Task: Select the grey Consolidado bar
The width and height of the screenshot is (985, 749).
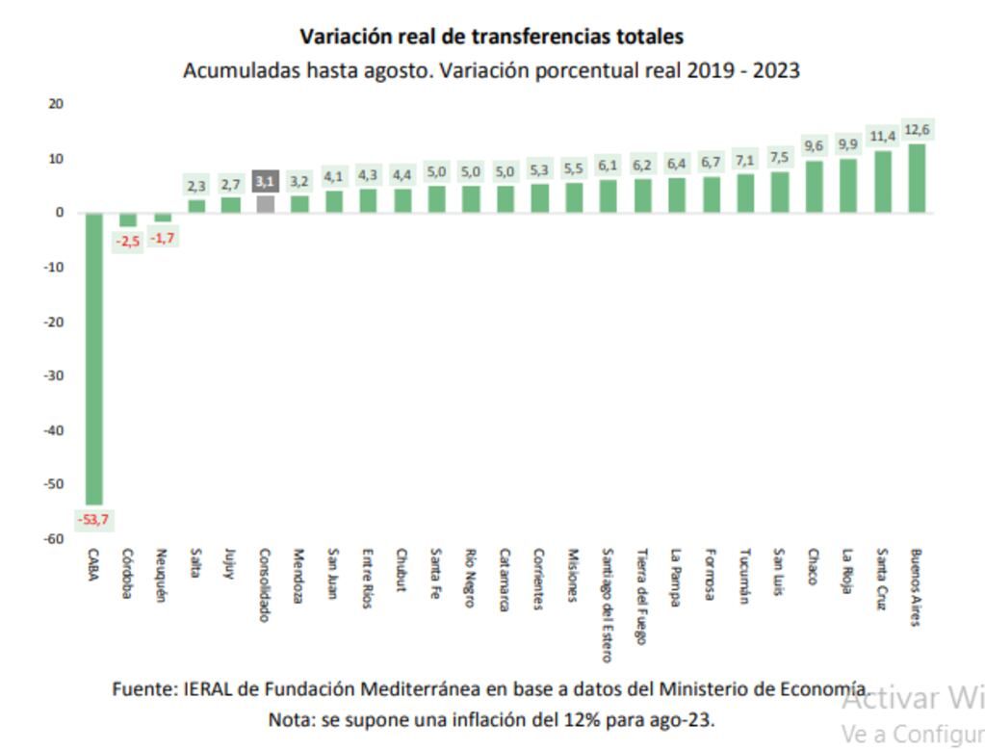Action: (x=265, y=204)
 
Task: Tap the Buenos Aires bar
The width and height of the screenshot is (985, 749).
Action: (x=917, y=178)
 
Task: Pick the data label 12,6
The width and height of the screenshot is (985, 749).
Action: (x=917, y=130)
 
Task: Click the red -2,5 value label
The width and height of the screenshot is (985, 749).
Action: (x=128, y=241)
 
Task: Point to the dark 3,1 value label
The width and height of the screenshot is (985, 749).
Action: (x=265, y=181)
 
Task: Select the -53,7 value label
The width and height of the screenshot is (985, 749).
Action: (x=93, y=520)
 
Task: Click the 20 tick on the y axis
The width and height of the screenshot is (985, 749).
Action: (x=56, y=104)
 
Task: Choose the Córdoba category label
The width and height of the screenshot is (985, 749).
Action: (x=127, y=574)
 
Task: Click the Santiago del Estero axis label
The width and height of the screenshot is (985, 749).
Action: (x=607, y=606)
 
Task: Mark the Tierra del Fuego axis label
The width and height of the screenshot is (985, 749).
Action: (x=641, y=589)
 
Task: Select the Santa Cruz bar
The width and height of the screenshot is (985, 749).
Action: (x=882, y=181)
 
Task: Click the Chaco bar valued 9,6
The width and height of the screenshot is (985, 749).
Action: (x=814, y=186)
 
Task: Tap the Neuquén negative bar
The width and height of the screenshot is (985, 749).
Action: (x=163, y=218)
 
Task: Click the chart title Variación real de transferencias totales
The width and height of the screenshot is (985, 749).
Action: (x=491, y=37)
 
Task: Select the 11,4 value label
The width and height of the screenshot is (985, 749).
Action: (x=883, y=137)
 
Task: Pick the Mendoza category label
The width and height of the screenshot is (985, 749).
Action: (x=298, y=577)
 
